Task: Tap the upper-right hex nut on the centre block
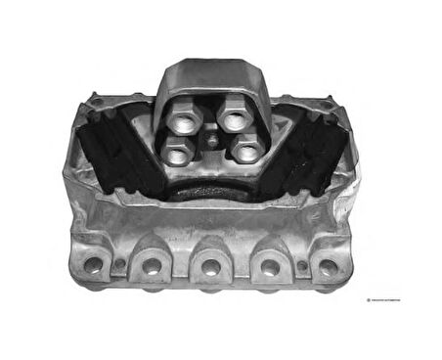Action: [x=235, y=119]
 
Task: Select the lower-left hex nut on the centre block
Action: [x=176, y=151]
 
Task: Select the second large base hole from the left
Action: [x=151, y=265]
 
